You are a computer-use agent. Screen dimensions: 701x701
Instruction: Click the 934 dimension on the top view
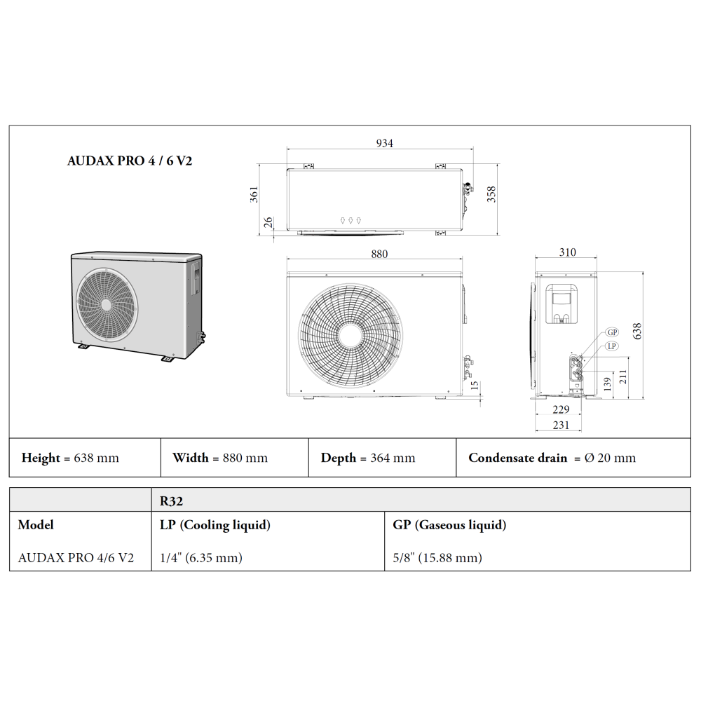[x=385, y=143]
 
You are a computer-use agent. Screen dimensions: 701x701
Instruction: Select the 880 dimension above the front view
[x=379, y=254]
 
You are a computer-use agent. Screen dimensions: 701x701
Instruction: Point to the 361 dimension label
[x=254, y=194]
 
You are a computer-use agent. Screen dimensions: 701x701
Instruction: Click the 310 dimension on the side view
[x=567, y=252]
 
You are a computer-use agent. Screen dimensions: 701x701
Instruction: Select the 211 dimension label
[x=622, y=378]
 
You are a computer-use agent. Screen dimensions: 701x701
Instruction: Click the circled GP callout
[x=612, y=332]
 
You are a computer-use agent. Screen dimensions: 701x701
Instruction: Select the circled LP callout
[x=612, y=346]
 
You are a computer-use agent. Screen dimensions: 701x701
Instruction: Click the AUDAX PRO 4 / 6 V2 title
[x=130, y=160]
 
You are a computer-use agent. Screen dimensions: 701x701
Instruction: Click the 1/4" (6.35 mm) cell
[x=201, y=558]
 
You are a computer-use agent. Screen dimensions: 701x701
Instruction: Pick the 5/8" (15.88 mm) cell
[x=438, y=558]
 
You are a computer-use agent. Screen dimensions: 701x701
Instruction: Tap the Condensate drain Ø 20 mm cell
[x=552, y=458]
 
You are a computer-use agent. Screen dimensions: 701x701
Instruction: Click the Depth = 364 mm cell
[x=368, y=458]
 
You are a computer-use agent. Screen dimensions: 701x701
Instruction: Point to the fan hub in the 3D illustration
[x=107, y=305]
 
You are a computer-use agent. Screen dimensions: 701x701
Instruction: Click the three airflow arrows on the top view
[x=350, y=220]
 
